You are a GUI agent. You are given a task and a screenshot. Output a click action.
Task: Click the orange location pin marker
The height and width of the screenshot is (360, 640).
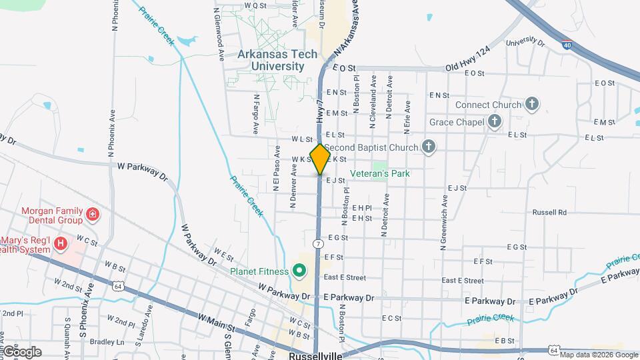tap(321, 159)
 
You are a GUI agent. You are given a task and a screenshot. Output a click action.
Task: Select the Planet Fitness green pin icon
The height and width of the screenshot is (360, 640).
tap(299, 271)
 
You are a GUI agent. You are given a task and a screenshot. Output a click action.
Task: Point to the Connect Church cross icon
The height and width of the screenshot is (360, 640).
tap(531, 104)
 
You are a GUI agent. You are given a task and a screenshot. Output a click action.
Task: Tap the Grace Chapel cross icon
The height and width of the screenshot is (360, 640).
tap(494, 121)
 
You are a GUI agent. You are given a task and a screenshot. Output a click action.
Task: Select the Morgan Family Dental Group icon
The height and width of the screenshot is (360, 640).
tap(93, 215)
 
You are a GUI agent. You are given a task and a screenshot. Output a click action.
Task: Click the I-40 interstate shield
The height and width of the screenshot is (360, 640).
tap(566, 45)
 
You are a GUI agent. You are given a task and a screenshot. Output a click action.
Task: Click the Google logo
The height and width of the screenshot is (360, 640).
tap(21, 352)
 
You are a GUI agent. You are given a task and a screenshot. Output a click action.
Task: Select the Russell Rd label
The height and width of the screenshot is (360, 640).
tap(549, 213)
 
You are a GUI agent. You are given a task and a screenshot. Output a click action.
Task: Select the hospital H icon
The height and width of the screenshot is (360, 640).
tap(61, 243)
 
